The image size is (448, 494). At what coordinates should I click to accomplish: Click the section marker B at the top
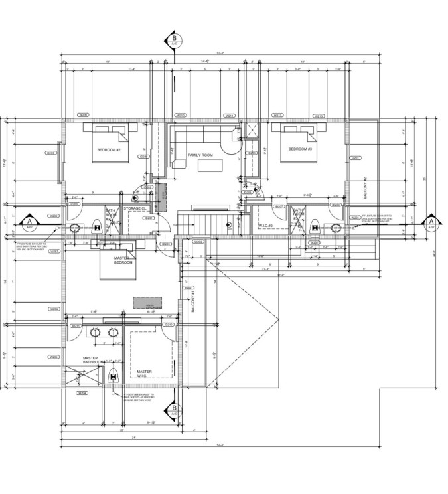pyautogui.click(x=175, y=39)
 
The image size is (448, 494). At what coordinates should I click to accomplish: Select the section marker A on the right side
pyautogui.click(x=431, y=222)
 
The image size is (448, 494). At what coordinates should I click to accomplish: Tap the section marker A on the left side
pyautogui.click(x=29, y=222)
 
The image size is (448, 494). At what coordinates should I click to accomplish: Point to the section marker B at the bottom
pyautogui.click(x=175, y=409)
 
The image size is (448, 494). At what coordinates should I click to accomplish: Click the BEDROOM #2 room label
pyautogui.click(x=108, y=150)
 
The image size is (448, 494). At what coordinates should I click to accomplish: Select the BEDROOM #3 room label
pyautogui.click(x=299, y=149)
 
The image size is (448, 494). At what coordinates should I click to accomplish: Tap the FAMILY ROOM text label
pyautogui.click(x=200, y=155)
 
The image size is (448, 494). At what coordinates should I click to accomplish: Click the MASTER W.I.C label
pyautogui.click(x=144, y=374)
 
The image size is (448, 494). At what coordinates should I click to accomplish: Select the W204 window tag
pyautogui.click(x=82, y=393)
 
